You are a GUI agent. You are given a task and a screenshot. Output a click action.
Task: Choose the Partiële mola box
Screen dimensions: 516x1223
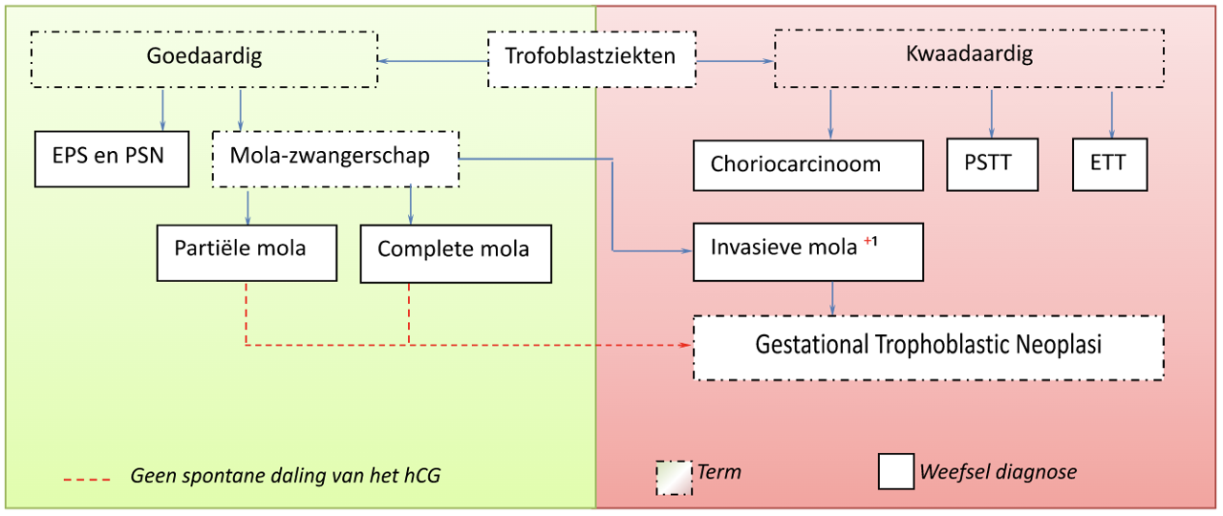point(247,252)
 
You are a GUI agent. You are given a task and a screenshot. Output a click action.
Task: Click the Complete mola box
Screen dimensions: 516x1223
point(456,253)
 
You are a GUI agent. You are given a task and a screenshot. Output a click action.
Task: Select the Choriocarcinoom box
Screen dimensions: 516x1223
point(808,165)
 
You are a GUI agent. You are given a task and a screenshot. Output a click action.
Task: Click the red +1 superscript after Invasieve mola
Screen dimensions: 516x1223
point(870,243)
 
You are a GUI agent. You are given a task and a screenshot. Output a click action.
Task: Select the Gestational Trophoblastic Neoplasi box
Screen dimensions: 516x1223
point(928,347)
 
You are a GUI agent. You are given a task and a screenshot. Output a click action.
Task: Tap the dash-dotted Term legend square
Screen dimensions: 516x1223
point(675,475)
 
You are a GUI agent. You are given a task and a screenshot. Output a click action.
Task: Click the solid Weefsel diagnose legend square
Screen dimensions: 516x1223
point(895,472)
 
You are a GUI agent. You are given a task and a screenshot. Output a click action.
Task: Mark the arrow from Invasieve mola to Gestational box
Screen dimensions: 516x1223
point(833,297)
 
